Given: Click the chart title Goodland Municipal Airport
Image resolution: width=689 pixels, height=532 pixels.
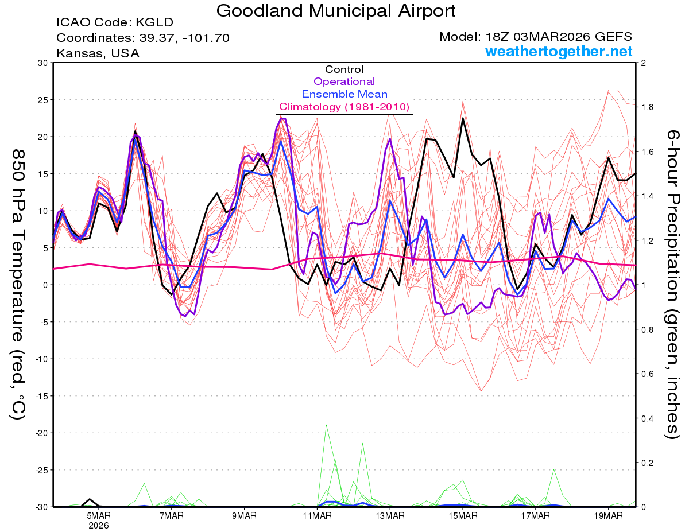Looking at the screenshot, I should click(336, 10).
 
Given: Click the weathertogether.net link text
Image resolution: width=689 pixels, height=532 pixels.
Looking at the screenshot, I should click(559, 52).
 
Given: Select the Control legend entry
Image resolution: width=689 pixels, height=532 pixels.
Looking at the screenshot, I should click(344, 69).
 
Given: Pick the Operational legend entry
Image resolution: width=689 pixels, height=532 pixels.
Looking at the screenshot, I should click(344, 81).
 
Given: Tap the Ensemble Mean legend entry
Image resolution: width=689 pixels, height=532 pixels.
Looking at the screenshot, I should click(344, 94).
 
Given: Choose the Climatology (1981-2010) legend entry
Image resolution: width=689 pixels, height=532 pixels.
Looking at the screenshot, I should click(344, 107).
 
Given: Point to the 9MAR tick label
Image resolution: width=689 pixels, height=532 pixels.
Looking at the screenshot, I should click(244, 516).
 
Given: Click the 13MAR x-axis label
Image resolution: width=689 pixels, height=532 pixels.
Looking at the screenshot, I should click(389, 516).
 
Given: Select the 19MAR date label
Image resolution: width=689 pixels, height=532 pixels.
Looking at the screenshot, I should click(607, 516).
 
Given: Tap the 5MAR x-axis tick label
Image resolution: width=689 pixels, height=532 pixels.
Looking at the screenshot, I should click(99, 516).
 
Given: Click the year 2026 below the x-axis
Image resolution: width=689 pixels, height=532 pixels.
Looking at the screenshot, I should click(99, 525).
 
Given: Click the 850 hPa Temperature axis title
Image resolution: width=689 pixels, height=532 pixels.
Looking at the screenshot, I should click(18, 284).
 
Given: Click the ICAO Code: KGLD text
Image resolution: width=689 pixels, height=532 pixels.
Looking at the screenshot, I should click(115, 23).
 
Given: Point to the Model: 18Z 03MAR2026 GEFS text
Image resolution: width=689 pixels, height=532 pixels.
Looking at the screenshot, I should click(536, 37).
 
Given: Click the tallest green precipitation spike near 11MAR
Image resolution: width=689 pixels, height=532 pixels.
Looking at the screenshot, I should click(326, 426).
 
